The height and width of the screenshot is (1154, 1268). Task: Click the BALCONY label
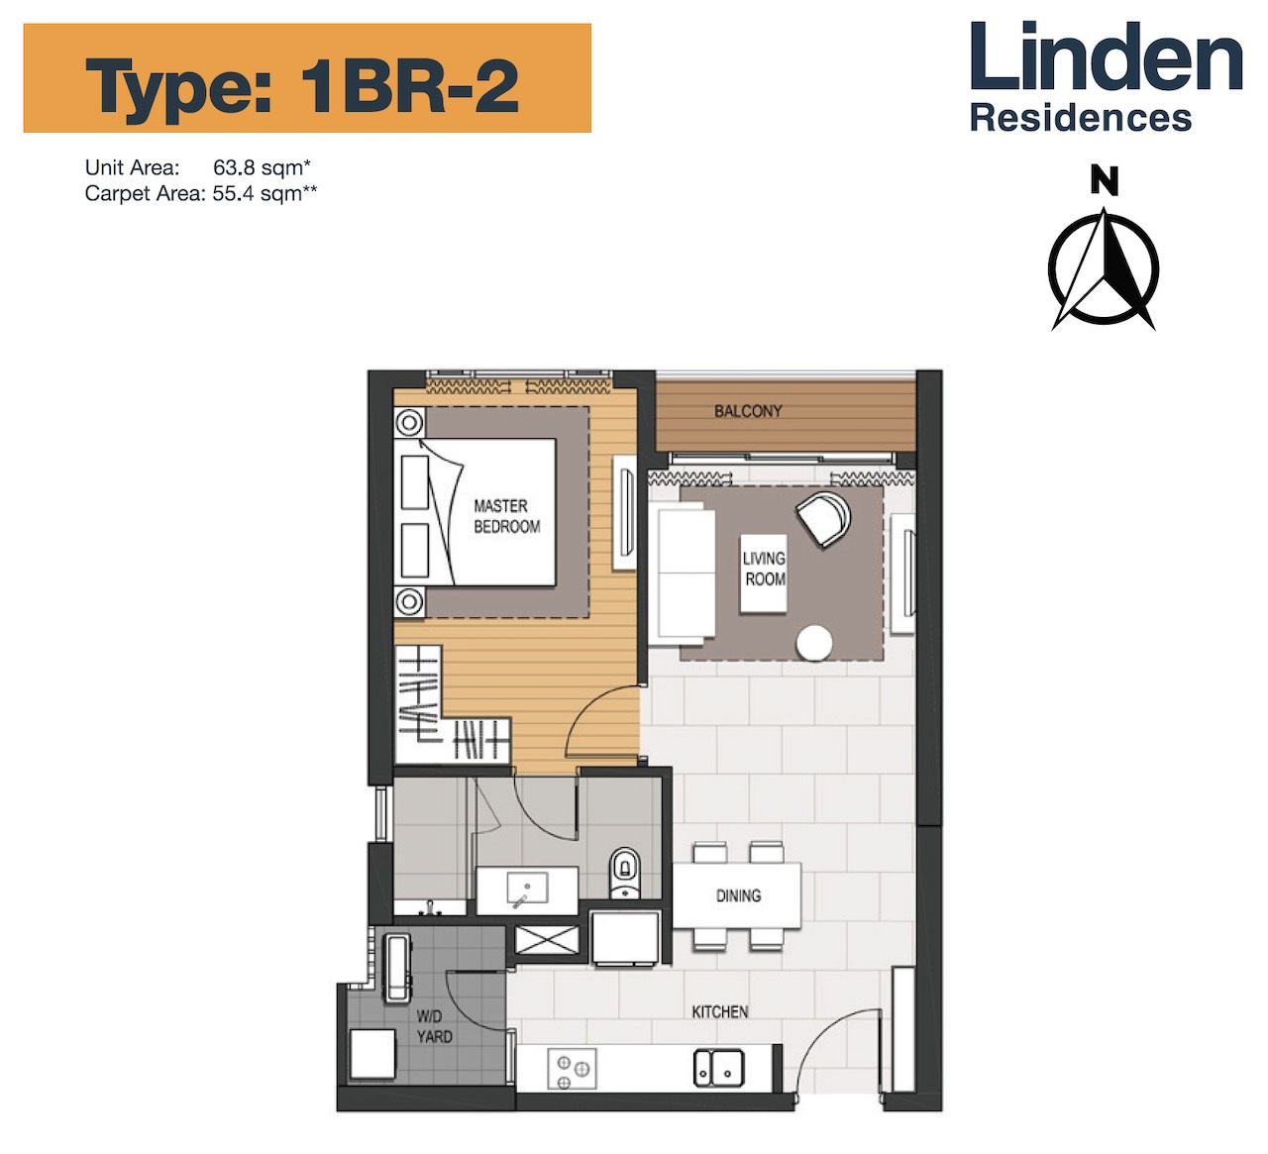[748, 411]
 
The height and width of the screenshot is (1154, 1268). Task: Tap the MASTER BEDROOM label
[507, 516]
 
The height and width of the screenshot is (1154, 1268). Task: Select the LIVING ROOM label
[765, 569]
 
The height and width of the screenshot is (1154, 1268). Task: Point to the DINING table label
[738, 895]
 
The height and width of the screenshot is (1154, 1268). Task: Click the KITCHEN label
[720, 1011]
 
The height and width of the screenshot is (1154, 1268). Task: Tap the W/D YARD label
[434, 1026]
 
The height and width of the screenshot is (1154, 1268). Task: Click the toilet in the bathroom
[625, 872]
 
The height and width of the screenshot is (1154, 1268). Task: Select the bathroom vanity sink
[527, 888]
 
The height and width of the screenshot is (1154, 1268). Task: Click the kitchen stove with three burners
[572, 1068]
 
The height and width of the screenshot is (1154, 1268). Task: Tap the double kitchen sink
[719, 1068]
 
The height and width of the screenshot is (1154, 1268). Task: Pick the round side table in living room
[814, 643]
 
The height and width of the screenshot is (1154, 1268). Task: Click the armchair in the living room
[823, 518]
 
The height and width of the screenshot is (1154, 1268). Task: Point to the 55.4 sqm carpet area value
[264, 193]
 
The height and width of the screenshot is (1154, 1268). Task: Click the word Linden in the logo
[1107, 56]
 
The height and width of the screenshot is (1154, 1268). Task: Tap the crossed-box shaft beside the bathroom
[547, 939]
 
